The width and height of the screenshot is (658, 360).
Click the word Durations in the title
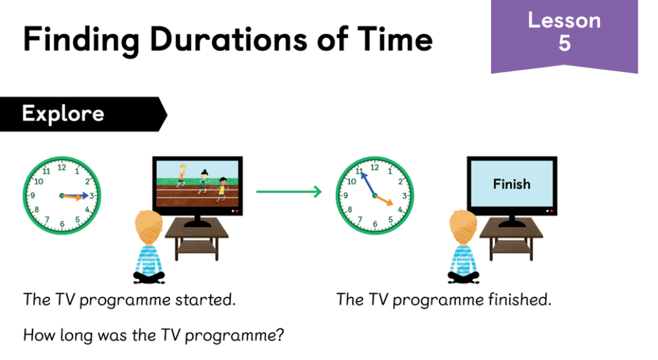[229, 39]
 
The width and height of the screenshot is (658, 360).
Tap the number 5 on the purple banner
[565, 43]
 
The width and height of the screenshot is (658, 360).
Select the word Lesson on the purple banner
[565, 20]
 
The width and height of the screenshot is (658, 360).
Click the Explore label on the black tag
[63, 113]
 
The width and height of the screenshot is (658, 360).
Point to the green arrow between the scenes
[289, 192]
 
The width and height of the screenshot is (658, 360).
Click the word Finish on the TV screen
[511, 184]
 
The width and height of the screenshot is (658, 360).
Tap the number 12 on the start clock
[62, 168]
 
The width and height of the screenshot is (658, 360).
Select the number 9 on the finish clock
[346, 195]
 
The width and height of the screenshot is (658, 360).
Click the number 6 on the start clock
[62, 224]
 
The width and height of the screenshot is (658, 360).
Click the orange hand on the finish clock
[384, 200]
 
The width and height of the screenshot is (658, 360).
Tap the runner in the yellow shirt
[221, 190]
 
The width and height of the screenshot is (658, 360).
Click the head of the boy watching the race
[148, 227]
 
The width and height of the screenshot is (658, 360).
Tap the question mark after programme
[280, 335]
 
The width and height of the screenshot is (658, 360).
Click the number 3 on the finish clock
[405, 196]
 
